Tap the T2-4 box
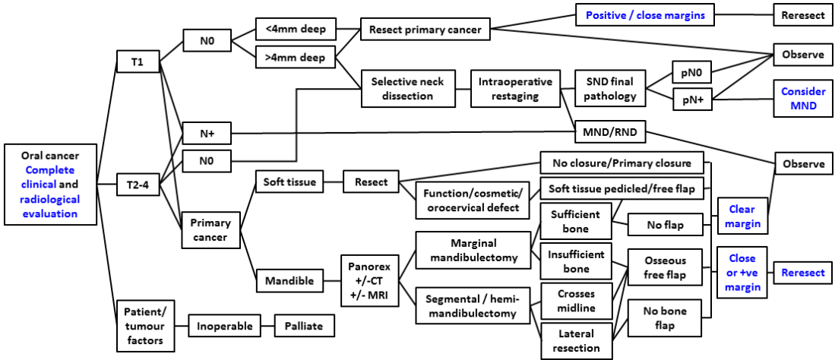point(138,183)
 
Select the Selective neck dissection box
point(408,89)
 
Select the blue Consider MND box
point(802,98)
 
